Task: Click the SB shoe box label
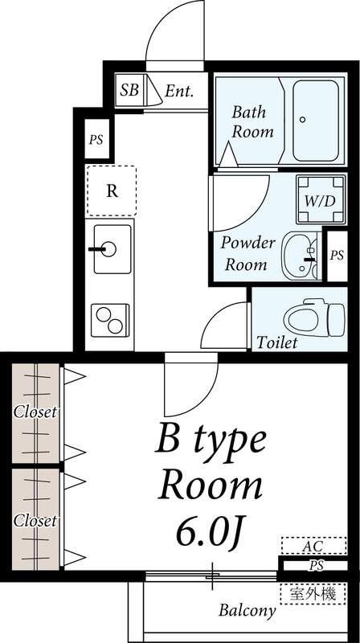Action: (129, 90)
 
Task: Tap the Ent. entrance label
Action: (179, 91)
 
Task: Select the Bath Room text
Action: (252, 121)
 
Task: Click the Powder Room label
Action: (248, 253)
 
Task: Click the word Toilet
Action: (276, 343)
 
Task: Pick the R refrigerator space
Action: (112, 190)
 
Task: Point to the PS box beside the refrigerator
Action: (96, 140)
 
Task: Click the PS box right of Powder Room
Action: (337, 255)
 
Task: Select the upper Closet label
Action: (35, 412)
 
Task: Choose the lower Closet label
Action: (35, 521)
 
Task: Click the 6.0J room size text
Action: (211, 530)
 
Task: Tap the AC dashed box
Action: (313, 547)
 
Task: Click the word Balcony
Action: (247, 610)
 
